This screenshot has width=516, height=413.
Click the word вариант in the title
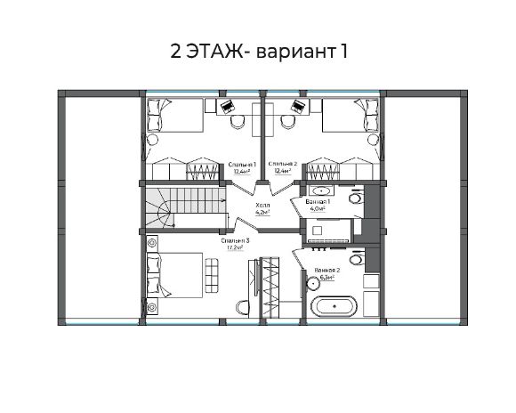(x=294, y=52)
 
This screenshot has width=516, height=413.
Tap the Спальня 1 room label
(x=241, y=165)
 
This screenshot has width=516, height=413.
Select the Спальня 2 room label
(x=282, y=165)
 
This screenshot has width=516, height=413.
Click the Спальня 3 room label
(x=235, y=240)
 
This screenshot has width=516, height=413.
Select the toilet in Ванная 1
(x=356, y=199)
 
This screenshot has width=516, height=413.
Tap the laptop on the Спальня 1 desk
(x=228, y=106)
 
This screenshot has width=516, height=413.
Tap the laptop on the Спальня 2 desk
(x=297, y=106)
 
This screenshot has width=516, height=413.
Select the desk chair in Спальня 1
(x=238, y=121)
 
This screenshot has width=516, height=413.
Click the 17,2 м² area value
(x=235, y=249)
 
